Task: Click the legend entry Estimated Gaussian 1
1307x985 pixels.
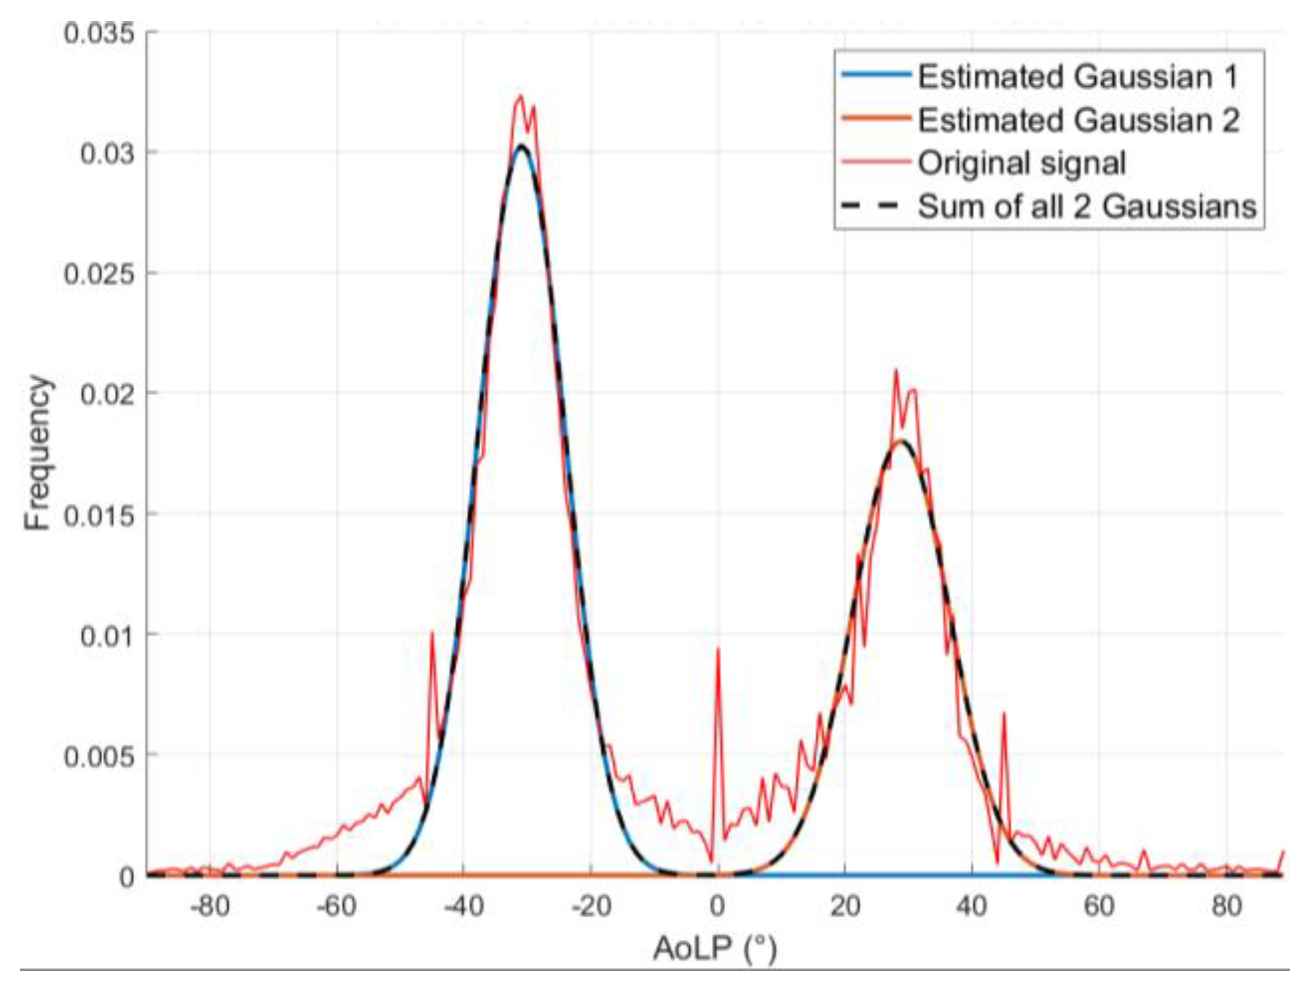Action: click(1078, 77)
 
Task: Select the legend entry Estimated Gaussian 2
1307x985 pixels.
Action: click(1078, 121)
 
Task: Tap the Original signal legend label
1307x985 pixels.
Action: click(1021, 163)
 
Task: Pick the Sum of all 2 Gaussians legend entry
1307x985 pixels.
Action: click(1087, 207)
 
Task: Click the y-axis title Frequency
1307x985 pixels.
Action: click(37, 453)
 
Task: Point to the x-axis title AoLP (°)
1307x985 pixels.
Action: click(715, 949)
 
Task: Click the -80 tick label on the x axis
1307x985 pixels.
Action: click(210, 905)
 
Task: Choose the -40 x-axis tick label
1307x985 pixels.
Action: click(464, 905)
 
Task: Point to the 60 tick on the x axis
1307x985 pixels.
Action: click(1099, 905)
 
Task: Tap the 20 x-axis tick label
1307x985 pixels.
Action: click(845, 905)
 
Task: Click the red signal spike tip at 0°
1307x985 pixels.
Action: click(717, 649)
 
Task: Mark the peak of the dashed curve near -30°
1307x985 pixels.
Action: click(522, 145)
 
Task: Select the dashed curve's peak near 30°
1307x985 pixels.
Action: click(901, 441)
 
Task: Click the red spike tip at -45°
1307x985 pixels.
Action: click(432, 632)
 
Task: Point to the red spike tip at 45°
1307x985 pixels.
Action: click(1004, 713)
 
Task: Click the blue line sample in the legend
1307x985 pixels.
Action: click(875, 74)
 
